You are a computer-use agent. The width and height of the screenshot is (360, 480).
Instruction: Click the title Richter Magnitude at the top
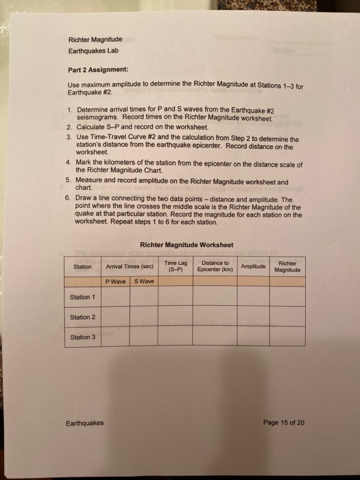click(95, 40)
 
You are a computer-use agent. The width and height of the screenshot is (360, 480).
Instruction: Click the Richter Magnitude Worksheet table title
click(185, 245)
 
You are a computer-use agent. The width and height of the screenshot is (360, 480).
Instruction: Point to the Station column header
click(83, 266)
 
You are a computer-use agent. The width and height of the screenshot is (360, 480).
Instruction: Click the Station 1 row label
click(83, 297)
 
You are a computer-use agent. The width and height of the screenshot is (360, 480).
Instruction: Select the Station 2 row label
click(83, 317)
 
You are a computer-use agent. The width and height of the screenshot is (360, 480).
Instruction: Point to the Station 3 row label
click(83, 337)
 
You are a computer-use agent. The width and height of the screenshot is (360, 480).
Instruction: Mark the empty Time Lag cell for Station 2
click(176, 317)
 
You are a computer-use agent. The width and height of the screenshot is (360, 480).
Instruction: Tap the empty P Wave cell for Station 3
click(115, 337)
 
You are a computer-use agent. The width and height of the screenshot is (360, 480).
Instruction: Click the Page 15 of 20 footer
click(280, 423)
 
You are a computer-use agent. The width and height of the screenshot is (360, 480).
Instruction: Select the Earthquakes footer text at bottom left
click(85, 423)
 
